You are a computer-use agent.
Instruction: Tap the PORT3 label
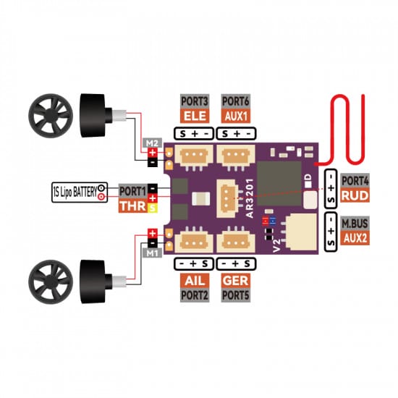coord(194,101)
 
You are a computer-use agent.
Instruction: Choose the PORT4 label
coord(355,181)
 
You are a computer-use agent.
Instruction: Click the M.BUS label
coord(355,223)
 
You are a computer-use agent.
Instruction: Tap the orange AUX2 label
coord(355,238)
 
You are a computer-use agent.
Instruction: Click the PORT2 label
coord(194,295)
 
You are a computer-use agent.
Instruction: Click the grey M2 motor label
coord(152,143)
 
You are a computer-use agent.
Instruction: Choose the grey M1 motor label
coord(152,253)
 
